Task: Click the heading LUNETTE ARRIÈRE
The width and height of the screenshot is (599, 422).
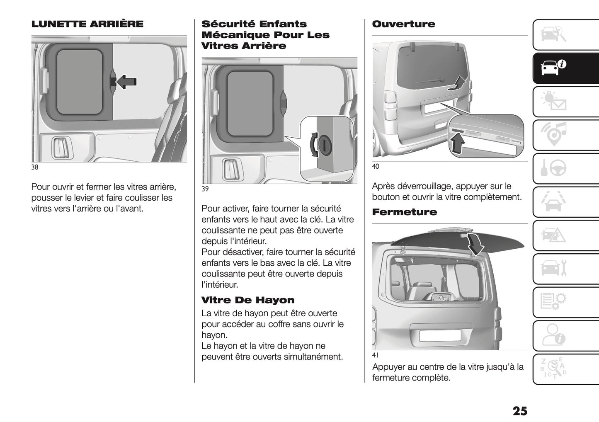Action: [x=87, y=24]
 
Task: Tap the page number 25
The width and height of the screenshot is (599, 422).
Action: [x=520, y=411]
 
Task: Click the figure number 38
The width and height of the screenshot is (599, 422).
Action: [x=35, y=167]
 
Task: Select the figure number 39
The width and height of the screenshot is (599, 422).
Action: [x=205, y=189]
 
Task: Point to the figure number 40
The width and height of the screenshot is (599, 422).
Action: [x=376, y=167]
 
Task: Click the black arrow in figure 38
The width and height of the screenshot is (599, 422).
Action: [x=126, y=82]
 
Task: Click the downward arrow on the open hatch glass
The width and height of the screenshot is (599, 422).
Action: [x=475, y=245]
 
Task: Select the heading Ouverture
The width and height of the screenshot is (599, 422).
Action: [x=403, y=24]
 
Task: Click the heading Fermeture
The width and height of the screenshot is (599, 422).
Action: [x=404, y=212]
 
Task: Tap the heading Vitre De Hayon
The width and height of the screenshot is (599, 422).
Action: [x=248, y=300]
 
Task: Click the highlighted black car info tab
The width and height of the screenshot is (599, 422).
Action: [x=553, y=68]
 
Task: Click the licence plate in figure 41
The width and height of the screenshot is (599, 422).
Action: [x=440, y=335]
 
